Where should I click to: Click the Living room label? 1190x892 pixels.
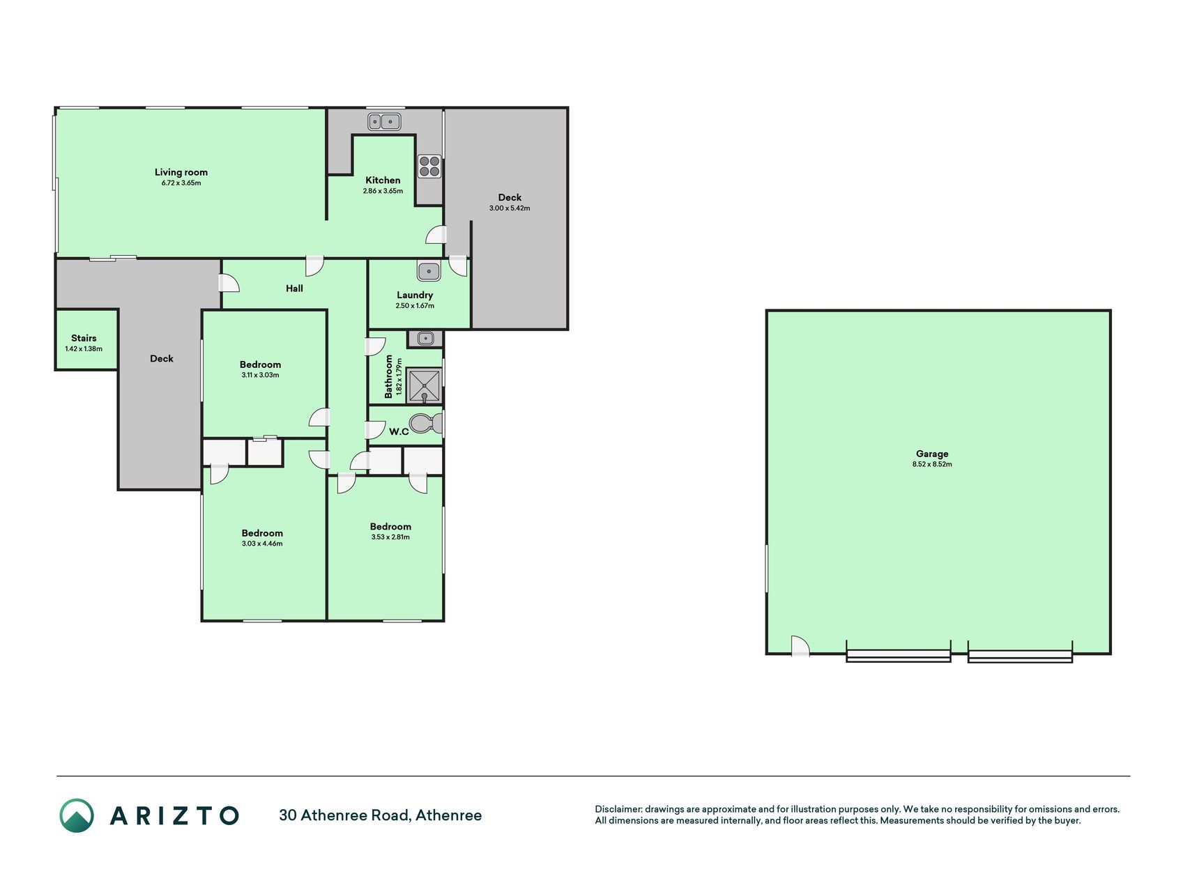tap(181, 172)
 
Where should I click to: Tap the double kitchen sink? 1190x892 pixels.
tap(384, 121)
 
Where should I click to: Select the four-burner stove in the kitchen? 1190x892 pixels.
tap(429, 167)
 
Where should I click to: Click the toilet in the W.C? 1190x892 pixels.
tap(426, 423)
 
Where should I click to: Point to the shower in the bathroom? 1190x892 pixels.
tap(424, 385)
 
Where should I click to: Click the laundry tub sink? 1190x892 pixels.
tap(429, 270)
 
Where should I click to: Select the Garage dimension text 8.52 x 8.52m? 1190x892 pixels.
tap(932, 464)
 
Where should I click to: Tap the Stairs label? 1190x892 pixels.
tap(84, 338)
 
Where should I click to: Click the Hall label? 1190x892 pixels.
tap(294, 288)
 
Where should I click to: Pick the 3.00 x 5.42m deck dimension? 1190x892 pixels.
tap(510, 208)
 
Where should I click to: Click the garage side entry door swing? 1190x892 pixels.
tap(800, 646)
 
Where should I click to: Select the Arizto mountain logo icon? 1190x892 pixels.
tap(77, 815)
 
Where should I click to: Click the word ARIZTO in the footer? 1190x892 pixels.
tap(174, 815)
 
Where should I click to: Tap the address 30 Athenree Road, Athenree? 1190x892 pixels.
tap(380, 815)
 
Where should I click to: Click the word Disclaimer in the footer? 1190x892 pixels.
tap(618, 809)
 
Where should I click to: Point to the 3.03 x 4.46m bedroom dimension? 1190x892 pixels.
tap(262, 544)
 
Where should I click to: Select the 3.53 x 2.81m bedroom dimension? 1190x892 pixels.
tap(390, 537)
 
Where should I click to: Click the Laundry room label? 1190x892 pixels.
tap(415, 295)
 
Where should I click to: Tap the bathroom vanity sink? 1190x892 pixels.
tap(425, 339)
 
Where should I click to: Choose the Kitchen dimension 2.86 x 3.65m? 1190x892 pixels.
tap(383, 191)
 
